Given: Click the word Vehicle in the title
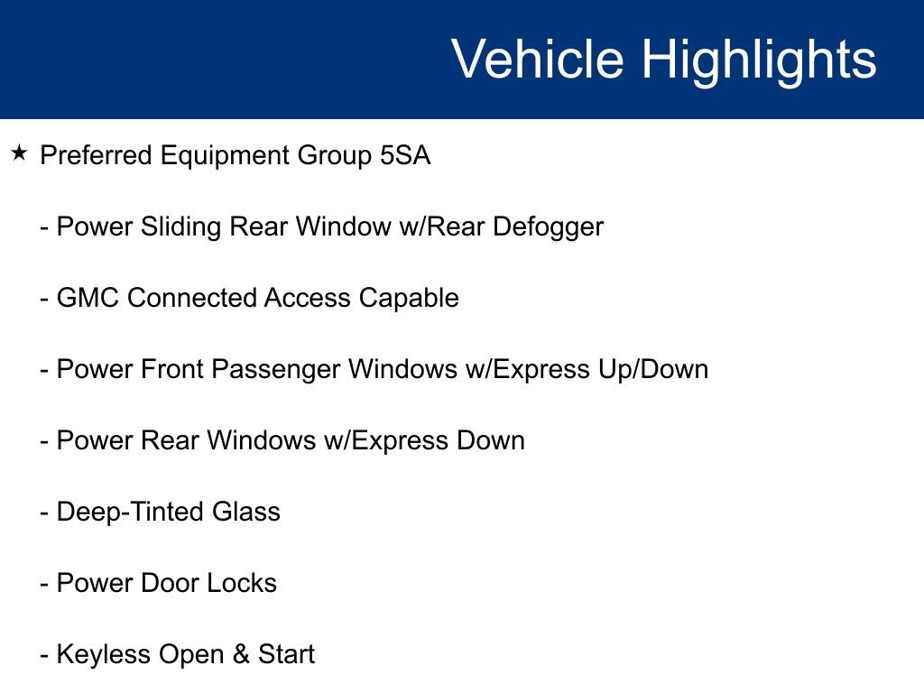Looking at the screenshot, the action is [x=538, y=59].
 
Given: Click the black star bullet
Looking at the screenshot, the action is [x=19, y=152].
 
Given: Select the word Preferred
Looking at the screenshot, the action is [x=96, y=155].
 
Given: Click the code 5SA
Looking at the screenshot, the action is [x=405, y=155].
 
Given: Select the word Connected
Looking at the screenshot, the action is [x=192, y=298].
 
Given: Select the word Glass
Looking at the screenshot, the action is [x=246, y=512].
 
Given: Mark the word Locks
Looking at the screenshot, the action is [x=242, y=583].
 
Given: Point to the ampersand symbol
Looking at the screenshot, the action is [x=241, y=654].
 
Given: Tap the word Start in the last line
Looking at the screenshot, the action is [x=286, y=654].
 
